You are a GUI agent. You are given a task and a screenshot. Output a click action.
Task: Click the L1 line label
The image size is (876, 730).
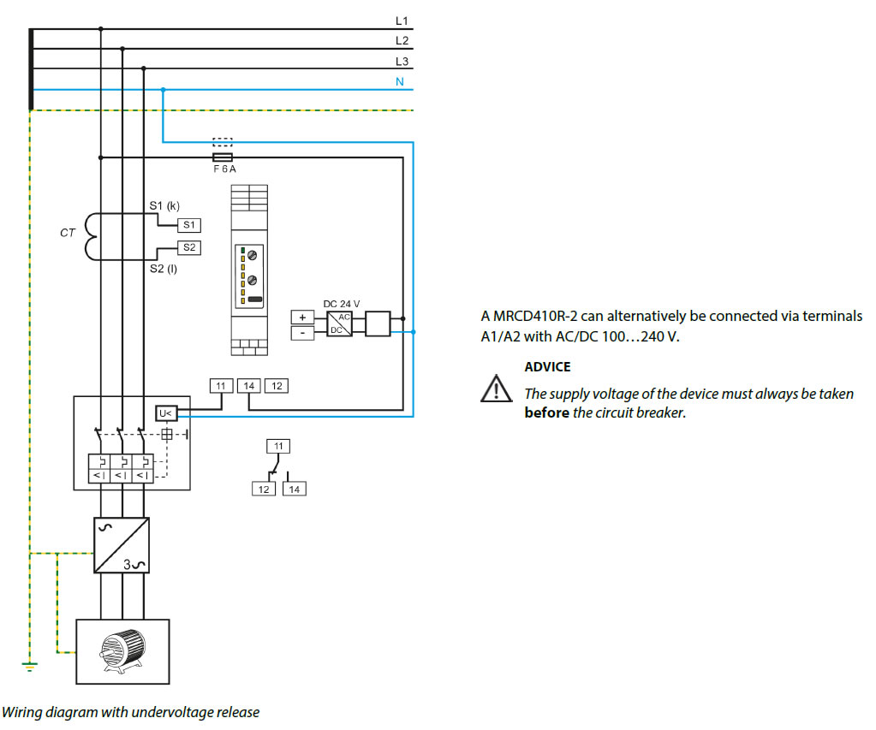402,21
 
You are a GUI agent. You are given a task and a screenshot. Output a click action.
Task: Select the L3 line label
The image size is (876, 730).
402,62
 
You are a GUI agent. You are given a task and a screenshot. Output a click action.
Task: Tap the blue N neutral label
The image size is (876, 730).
399,81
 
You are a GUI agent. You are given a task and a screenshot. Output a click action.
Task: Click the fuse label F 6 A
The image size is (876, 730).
224,169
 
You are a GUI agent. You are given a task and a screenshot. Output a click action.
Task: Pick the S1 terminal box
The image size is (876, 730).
189,225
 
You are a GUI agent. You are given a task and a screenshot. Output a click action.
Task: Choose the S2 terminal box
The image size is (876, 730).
189,247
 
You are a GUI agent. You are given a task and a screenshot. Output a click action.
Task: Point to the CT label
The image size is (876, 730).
68,233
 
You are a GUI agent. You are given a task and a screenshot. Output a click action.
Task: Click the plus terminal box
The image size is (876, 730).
302,318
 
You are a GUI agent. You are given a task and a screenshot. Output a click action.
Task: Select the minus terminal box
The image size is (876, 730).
302,333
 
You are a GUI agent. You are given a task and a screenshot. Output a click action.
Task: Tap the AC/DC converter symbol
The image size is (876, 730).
340,324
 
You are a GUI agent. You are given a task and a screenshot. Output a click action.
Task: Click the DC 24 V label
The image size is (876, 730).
342,304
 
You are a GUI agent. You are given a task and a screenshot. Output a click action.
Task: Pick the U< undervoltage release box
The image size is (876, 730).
166,413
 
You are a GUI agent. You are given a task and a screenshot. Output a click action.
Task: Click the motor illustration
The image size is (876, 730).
123,651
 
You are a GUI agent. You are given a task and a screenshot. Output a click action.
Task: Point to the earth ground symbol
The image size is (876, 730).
30,666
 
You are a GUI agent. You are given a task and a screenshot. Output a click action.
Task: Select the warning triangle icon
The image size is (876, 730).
496,389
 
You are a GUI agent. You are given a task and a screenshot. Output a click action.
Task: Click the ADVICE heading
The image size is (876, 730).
547,367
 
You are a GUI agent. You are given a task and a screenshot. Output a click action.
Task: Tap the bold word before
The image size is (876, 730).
547,412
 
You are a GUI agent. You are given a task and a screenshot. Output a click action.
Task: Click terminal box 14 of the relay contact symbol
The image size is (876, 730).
294,490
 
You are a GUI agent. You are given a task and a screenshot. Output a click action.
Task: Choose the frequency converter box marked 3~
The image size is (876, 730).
122,545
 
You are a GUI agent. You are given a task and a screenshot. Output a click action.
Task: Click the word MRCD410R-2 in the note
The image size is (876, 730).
534,316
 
